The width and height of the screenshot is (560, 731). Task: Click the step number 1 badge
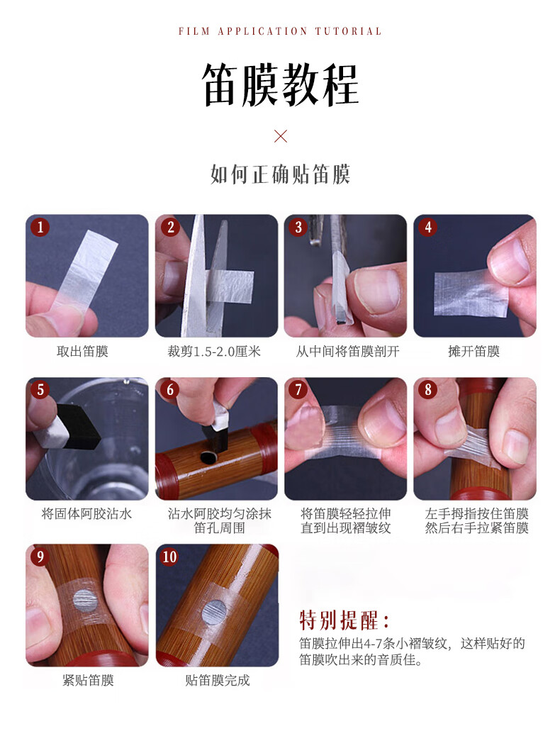point(40,227)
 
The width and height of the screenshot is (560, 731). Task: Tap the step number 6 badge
point(169,390)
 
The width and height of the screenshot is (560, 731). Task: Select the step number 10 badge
point(169,557)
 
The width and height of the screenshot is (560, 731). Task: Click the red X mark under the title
point(281,136)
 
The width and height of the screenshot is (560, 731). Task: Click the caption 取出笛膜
point(82,352)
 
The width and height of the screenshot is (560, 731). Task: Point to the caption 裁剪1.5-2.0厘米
point(214,352)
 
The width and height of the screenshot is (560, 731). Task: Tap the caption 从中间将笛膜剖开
point(347,352)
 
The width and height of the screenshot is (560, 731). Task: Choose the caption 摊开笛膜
point(474,352)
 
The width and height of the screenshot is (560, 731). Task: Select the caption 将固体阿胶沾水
point(86,514)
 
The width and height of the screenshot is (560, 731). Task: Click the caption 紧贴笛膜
point(88,681)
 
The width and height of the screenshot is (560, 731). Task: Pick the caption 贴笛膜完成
point(218,681)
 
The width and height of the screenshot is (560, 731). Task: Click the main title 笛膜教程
point(280,85)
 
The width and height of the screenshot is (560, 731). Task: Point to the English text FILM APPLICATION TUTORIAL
point(280,31)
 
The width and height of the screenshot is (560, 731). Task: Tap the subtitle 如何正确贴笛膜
point(280,174)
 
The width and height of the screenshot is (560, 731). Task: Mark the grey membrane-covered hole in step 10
point(215,612)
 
